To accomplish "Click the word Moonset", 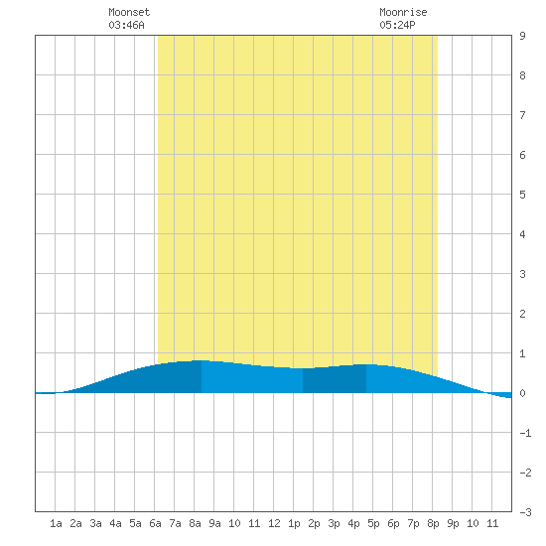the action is coord(129,12).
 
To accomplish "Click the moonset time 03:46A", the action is coord(126,25).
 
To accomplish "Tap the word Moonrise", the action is coord(403,12).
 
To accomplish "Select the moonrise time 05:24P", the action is coord(397,25).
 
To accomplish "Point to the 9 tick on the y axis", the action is coord(522,36).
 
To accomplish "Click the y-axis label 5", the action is coord(522,195).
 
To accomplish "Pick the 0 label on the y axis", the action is coord(522,393).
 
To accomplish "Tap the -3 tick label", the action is coord(525,512).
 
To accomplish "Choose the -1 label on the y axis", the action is coord(525,433).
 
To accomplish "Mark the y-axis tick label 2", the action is coord(522,314).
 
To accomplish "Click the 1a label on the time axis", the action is coord(56,523).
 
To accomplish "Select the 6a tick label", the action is coord(155,523).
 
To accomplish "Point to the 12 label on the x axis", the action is coord(274,523).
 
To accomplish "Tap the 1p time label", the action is coord(294,523).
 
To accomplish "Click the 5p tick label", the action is coord(373,523).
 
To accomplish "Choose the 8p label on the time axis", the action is coord(433,523).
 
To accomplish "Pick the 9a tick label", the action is coord(214,523).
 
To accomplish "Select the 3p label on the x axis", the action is coord(334,523).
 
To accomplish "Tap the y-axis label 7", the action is coord(522,115).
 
